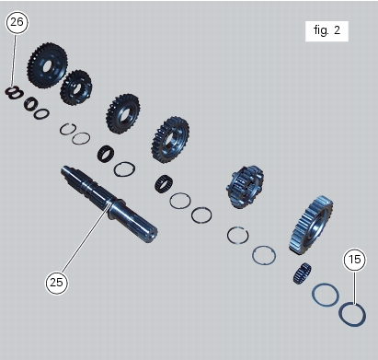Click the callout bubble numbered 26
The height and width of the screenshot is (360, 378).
(17, 22)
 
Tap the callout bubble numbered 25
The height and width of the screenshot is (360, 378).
(57, 283)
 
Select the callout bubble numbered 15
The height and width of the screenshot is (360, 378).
(354, 260)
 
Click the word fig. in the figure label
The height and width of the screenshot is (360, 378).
(322, 30)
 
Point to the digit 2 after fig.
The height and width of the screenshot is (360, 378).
(337, 30)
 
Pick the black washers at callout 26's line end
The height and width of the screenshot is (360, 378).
(14, 92)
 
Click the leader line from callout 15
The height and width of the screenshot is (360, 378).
(354, 288)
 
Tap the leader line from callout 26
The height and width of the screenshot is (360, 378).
(15, 60)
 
